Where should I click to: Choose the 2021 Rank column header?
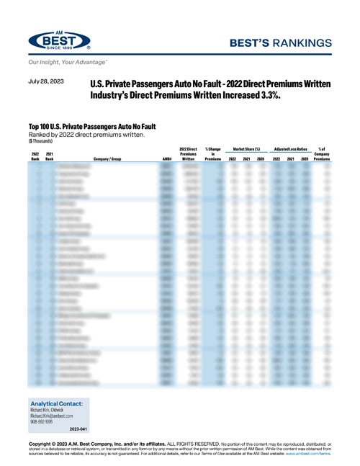click(50, 156)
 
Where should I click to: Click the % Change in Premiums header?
click(213, 153)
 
